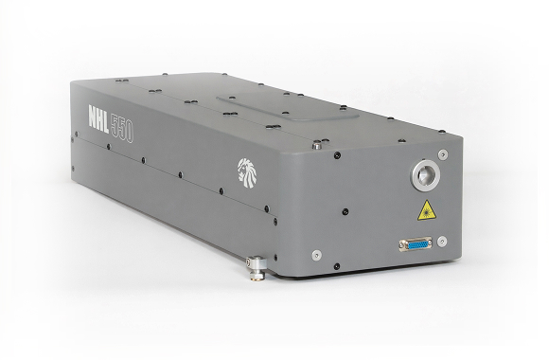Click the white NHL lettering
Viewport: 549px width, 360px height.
[x=98, y=120]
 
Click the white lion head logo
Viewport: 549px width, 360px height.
[x=249, y=171]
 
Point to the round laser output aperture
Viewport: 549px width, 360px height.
[x=425, y=175]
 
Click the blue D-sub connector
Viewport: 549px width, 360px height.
[x=415, y=244]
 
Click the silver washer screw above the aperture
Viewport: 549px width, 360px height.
[x=443, y=153]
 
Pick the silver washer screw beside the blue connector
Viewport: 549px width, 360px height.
[x=442, y=242]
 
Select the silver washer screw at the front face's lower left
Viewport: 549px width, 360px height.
[x=316, y=255]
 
